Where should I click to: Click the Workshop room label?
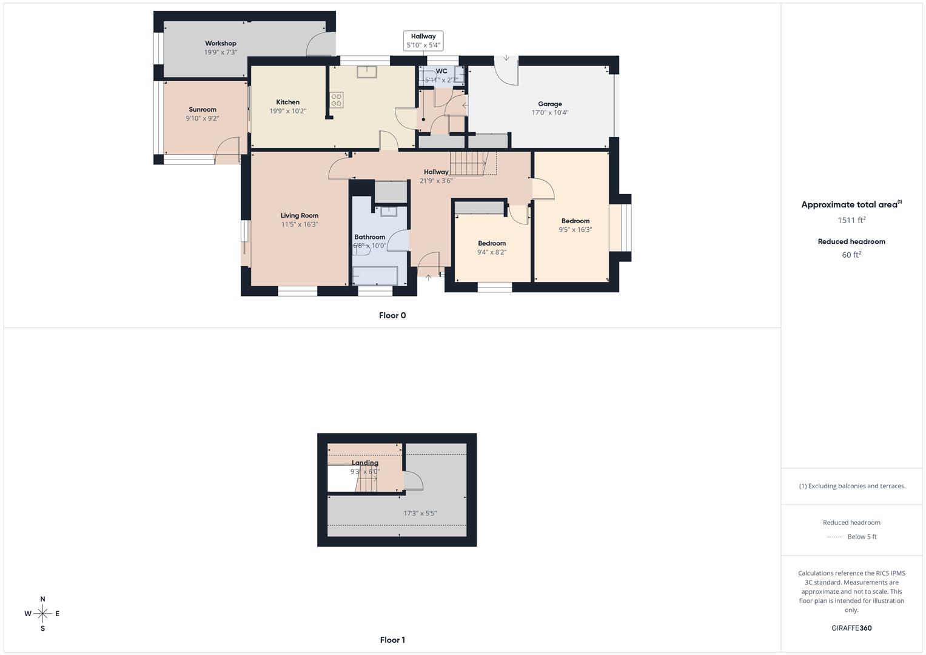click(220, 44)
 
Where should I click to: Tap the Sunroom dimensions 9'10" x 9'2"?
click(203, 118)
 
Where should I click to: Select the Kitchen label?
click(287, 102)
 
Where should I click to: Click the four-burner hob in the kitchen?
click(337, 100)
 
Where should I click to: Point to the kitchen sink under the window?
click(366, 72)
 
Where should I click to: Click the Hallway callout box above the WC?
click(423, 41)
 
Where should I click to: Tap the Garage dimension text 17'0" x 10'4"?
click(549, 112)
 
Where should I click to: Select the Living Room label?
click(299, 215)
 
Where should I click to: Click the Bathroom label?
click(369, 237)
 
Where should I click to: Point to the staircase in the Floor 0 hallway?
click(468, 163)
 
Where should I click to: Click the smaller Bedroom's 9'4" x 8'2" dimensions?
click(491, 252)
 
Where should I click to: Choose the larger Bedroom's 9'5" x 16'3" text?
click(575, 230)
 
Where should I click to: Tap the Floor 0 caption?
click(392, 315)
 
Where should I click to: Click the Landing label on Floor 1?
click(364, 463)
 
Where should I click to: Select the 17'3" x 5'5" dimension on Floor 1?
click(420, 513)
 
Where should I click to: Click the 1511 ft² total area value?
click(851, 220)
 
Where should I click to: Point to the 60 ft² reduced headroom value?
click(851, 255)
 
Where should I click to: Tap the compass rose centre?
click(42, 614)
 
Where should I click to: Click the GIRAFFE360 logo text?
click(851, 628)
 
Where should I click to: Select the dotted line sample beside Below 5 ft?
click(834, 537)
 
